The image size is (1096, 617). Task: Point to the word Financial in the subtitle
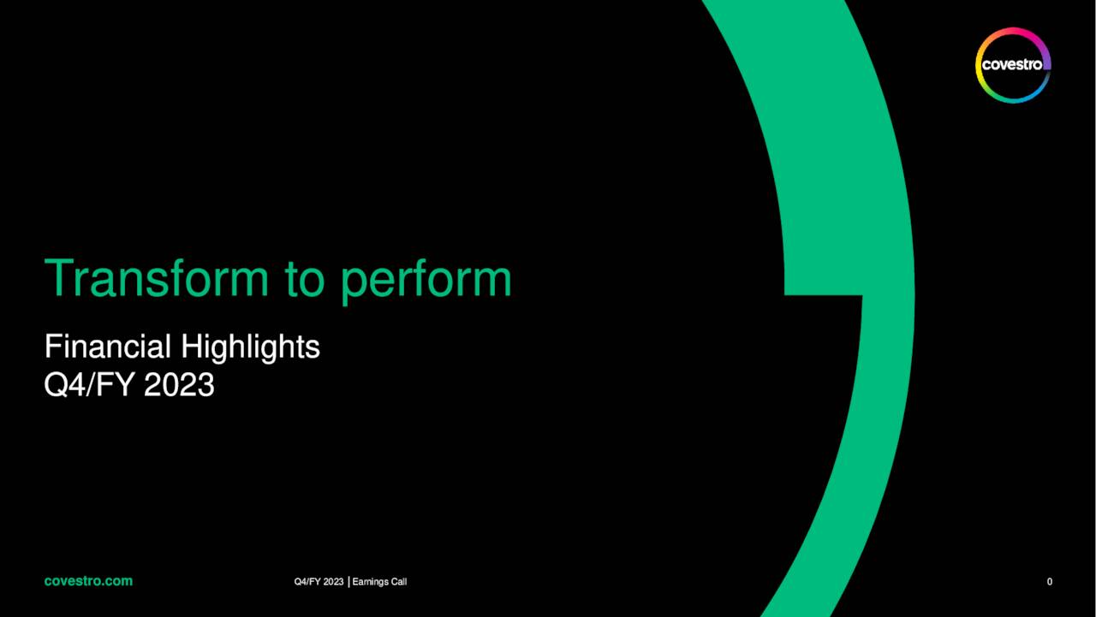(108, 347)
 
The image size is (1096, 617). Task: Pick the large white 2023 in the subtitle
(179, 385)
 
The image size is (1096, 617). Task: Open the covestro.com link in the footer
(88, 581)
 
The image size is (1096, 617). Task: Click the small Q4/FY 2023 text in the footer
(319, 582)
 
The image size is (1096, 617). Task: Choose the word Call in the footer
(399, 582)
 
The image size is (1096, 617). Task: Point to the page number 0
(1050, 582)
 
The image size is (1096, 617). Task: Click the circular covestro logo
(1013, 65)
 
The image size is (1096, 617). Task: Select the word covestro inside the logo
(1013, 65)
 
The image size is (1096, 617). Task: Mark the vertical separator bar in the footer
(349, 582)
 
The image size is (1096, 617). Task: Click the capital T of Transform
(60, 278)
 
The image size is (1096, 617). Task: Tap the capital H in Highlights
(189, 347)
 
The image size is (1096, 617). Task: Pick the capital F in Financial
(51, 347)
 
